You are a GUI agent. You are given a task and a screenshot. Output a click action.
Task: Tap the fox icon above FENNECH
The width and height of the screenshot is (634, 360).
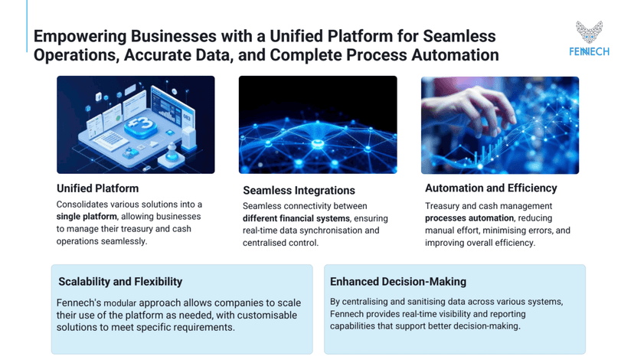point(589,32)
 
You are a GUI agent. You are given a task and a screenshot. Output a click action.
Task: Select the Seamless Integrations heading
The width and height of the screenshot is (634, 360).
point(299,190)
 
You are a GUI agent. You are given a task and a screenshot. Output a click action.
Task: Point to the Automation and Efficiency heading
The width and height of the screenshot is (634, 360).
point(491,188)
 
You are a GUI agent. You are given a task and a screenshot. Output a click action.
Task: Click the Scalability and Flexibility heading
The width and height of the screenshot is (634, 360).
point(120,282)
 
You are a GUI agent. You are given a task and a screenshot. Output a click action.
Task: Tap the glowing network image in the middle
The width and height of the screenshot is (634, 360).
point(317,124)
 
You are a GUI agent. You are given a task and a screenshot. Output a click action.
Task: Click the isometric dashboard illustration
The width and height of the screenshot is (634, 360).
point(136,124)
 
